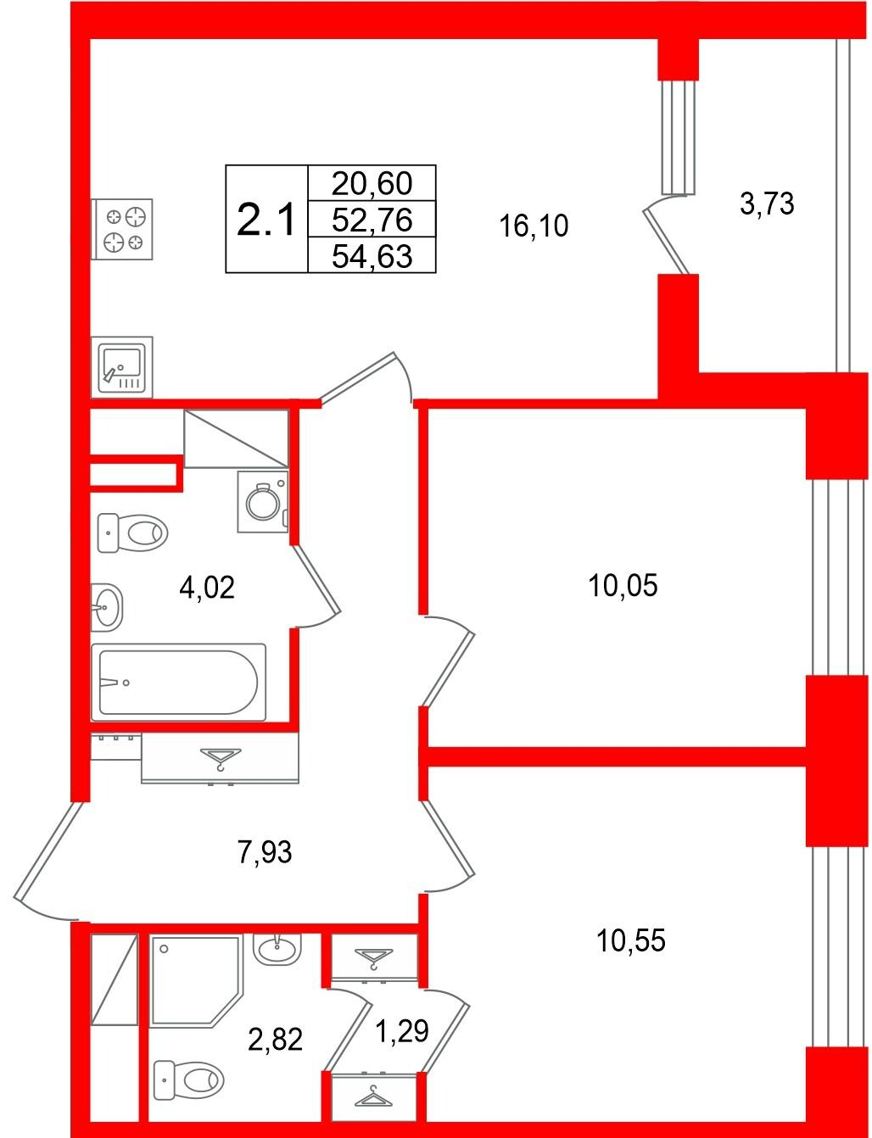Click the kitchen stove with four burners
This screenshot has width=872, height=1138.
121,229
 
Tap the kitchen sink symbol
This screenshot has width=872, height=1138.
121,367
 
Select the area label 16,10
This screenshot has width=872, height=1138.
534,226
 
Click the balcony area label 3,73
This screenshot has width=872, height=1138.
767,204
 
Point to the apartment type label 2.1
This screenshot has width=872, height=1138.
266,220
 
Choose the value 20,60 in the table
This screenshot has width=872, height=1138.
372,183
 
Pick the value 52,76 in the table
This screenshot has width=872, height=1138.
372,220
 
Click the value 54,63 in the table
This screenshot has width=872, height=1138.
372,257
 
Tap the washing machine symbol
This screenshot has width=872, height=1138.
263,502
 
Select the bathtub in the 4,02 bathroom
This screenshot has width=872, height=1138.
178,683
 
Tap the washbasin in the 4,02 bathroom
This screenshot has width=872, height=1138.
107,607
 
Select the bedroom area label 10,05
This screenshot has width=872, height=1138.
623,585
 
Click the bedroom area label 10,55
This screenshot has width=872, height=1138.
630,940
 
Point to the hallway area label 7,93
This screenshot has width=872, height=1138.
265,851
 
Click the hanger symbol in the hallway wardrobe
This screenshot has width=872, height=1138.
221,759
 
